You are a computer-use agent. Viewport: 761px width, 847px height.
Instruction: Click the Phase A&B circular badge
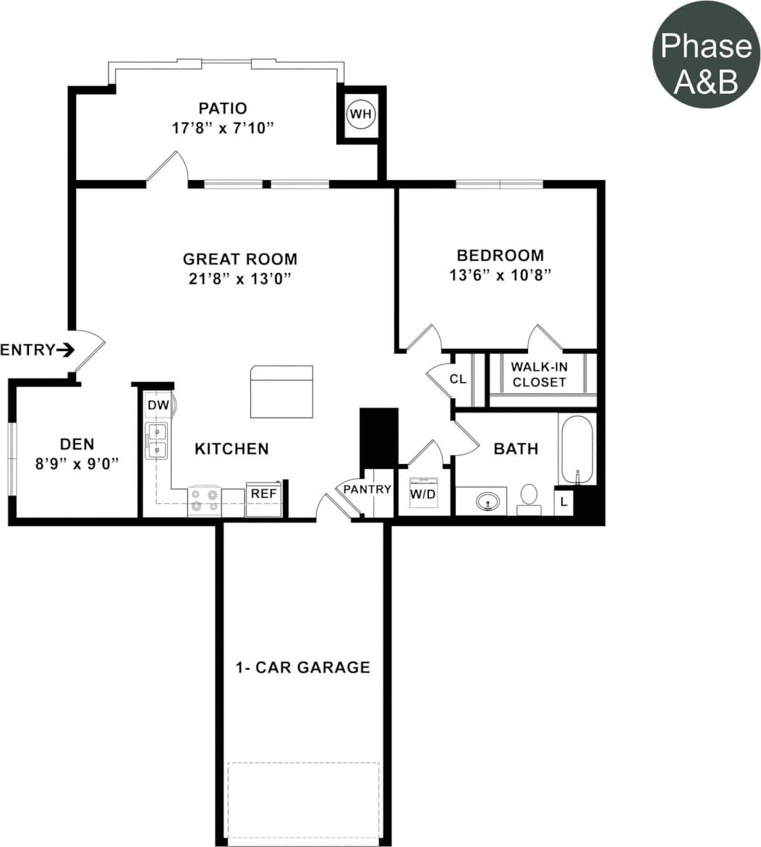(706, 54)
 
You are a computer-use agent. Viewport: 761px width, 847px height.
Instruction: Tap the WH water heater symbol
(360, 114)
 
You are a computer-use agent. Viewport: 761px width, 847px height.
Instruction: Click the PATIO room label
(223, 108)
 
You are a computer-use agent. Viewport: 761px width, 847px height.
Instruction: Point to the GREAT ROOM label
(239, 259)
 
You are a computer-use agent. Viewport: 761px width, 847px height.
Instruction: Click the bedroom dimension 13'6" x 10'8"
(500, 275)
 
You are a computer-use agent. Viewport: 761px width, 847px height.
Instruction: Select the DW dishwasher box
(158, 405)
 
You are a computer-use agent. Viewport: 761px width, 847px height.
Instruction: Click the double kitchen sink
(156, 441)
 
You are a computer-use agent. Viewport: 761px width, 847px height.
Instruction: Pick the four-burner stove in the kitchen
(204, 501)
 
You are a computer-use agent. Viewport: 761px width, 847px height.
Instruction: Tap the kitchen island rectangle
(281, 391)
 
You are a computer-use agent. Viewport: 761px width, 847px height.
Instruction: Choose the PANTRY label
(367, 489)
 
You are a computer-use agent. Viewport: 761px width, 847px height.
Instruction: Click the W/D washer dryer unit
(423, 494)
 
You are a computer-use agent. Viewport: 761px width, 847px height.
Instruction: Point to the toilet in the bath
(529, 498)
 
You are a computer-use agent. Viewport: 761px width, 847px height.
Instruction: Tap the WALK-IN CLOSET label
(539, 374)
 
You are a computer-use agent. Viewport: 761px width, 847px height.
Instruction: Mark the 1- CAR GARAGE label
(302, 667)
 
